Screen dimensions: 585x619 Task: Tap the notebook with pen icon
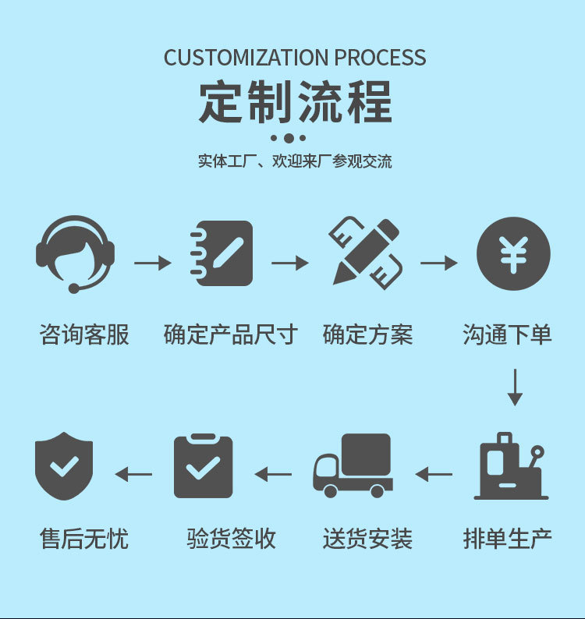pos(222,253)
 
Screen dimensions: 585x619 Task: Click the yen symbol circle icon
pos(513,254)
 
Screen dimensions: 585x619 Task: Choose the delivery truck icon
pos(353,465)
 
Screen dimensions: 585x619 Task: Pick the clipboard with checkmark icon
pos(203,466)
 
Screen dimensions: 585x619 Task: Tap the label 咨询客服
pos(84,335)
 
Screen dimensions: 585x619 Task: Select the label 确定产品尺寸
pos(231,335)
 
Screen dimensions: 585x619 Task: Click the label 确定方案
pos(367,335)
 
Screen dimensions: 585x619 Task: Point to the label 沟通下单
pos(507,335)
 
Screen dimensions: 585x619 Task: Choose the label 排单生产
pos(508,539)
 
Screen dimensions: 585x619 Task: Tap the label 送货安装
pos(367,539)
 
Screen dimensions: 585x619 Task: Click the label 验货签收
pos(231,539)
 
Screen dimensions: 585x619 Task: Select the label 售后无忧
pos(84,539)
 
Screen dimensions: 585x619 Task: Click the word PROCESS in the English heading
pos(380,58)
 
